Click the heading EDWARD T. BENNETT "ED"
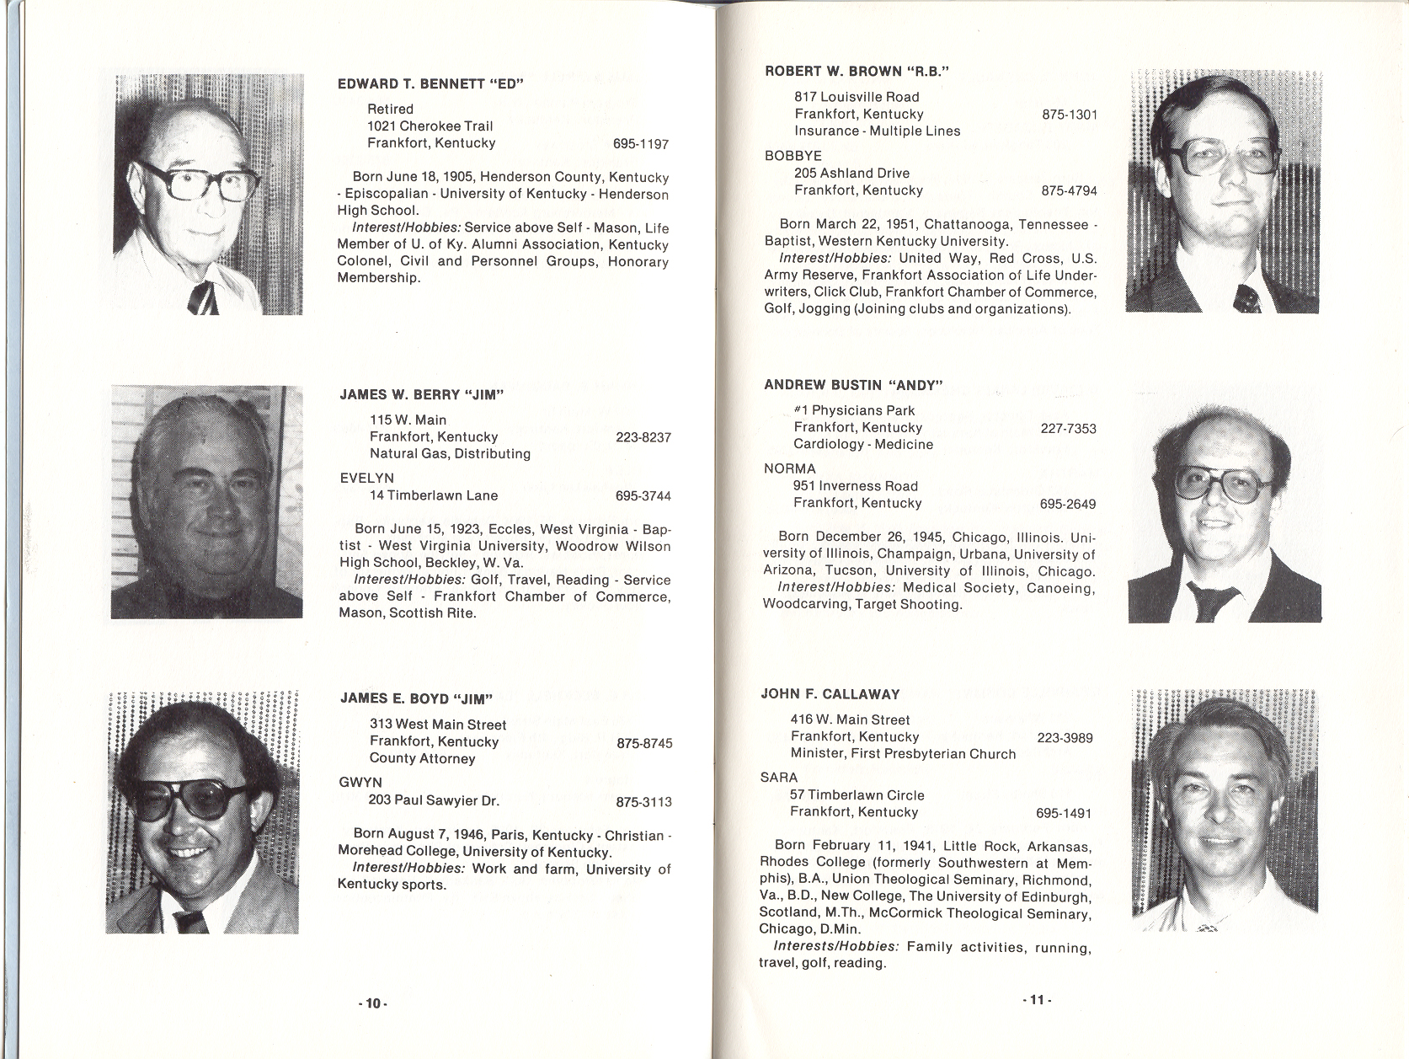pyautogui.click(x=430, y=84)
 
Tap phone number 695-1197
pyautogui.click(x=641, y=144)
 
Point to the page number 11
pyautogui.click(x=1037, y=1000)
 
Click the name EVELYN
pyautogui.click(x=366, y=479)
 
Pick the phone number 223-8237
pyautogui.click(x=643, y=437)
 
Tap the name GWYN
pyautogui.click(x=360, y=783)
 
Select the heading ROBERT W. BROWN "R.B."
pyautogui.click(x=857, y=72)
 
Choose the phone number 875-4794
pyautogui.click(x=1069, y=191)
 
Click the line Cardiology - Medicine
pyautogui.click(x=862, y=444)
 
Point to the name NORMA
pyautogui.click(x=789, y=469)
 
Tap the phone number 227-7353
pyautogui.click(x=1068, y=429)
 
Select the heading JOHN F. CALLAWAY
pyautogui.click(x=830, y=694)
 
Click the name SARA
pyautogui.click(x=779, y=778)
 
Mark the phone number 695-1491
pyautogui.click(x=1064, y=814)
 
